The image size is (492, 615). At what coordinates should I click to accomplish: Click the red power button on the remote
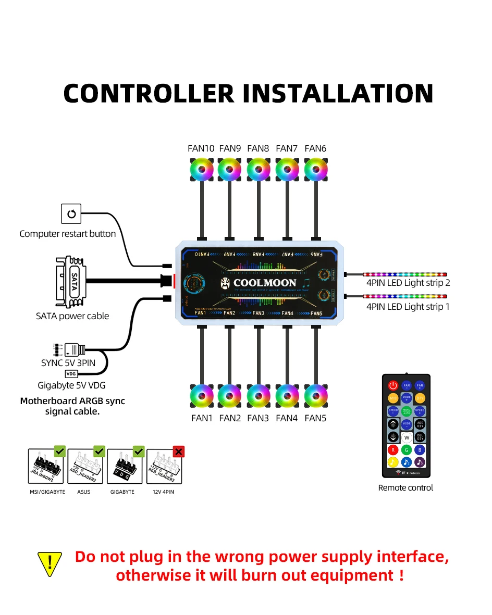tap(393, 386)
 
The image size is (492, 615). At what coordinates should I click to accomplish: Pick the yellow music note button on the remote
tap(393, 462)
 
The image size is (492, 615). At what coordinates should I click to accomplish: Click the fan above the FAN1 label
tap(201, 396)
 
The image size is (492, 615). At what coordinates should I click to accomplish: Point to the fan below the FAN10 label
tap(201, 169)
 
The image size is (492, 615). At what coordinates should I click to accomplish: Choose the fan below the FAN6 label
tap(315, 169)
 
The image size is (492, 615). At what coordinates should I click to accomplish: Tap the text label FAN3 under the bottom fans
tap(258, 418)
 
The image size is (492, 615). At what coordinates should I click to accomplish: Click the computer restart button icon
tap(72, 214)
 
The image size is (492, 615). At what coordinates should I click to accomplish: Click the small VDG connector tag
tap(70, 373)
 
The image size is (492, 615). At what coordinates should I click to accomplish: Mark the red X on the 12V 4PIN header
tap(179, 451)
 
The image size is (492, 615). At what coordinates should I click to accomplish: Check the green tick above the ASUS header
tap(99, 451)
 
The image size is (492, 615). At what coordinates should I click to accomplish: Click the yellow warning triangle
tap(50, 563)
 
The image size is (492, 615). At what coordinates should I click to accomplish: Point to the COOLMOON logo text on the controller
tap(264, 283)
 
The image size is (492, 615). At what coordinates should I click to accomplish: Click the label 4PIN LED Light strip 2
tap(408, 283)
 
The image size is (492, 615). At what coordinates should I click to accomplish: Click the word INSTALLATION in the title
tap(338, 93)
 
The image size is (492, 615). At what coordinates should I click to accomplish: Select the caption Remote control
tap(405, 488)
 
